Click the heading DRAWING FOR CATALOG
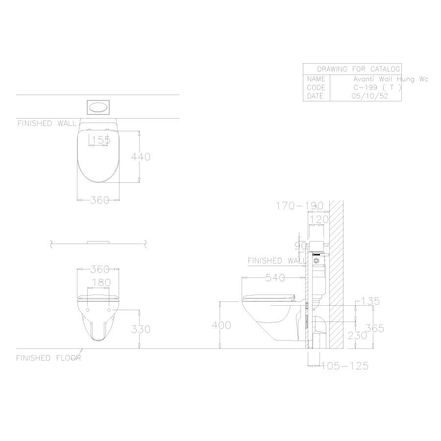tap(352, 69)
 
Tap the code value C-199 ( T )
tap(377, 88)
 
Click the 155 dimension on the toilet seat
tap(100, 140)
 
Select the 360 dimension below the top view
tap(99, 200)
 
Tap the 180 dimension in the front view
tap(101, 283)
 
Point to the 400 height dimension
tap(222, 325)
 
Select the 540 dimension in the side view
tap(275, 278)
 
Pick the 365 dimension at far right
tap(374, 328)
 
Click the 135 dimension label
tap(370, 301)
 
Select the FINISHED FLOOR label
tap(48, 358)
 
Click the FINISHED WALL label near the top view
tap(47, 123)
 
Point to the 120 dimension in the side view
tap(319, 220)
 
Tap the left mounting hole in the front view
tap(88, 311)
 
